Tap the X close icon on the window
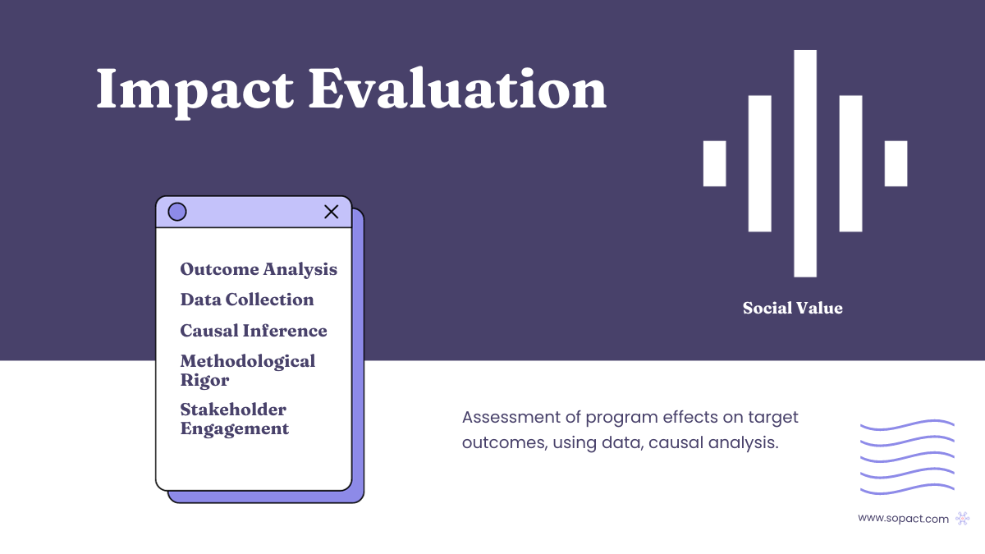click(x=332, y=212)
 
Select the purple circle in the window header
click(x=177, y=212)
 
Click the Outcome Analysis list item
click(x=259, y=269)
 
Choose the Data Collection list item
click(x=247, y=300)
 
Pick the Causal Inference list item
click(x=254, y=331)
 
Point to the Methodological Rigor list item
click(x=247, y=370)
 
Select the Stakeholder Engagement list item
click(x=234, y=419)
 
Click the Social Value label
click(x=792, y=309)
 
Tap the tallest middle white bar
click(x=805, y=163)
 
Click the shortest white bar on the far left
click(x=715, y=163)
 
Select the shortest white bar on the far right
click(x=896, y=163)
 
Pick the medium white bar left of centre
click(x=760, y=163)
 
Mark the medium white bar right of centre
click(x=850, y=163)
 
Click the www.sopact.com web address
click(x=903, y=519)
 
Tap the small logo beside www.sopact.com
click(x=963, y=519)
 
